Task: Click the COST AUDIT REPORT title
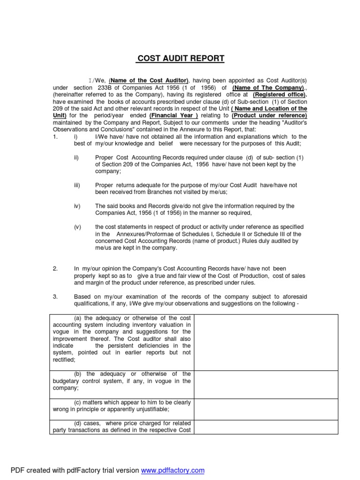point(180,59)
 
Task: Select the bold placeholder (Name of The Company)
point(268,88)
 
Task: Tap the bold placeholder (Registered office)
point(280,95)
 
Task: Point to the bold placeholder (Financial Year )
point(174,115)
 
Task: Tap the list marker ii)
point(76,157)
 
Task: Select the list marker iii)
point(77,185)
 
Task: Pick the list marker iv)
point(77,206)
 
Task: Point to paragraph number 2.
point(55,269)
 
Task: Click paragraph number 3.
point(55,296)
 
